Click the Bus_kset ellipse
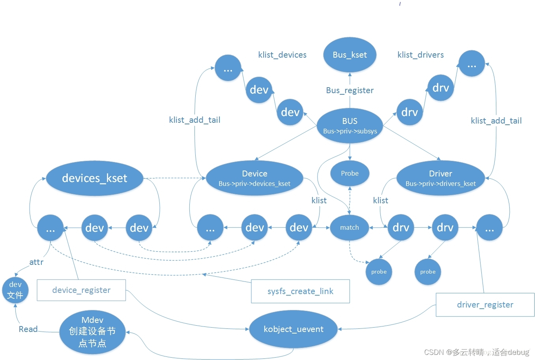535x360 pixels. (350, 55)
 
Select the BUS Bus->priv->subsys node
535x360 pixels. (350, 126)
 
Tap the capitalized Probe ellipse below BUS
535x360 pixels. (350, 173)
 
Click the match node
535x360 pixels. (350, 227)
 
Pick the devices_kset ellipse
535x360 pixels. (95, 178)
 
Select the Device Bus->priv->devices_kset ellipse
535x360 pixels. (254, 178)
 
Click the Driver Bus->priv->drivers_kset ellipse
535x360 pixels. (440, 178)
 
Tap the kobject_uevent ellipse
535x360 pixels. (293, 329)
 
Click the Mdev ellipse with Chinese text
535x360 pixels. (92, 332)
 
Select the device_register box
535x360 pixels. (81, 290)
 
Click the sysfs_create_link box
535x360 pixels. (300, 291)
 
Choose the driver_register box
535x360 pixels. (485, 305)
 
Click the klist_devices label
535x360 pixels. (282, 55)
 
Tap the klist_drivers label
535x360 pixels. (421, 55)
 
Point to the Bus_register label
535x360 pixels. (350, 90)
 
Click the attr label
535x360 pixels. (36, 262)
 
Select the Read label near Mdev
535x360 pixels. (28, 329)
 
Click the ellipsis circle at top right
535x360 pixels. (471, 64)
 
